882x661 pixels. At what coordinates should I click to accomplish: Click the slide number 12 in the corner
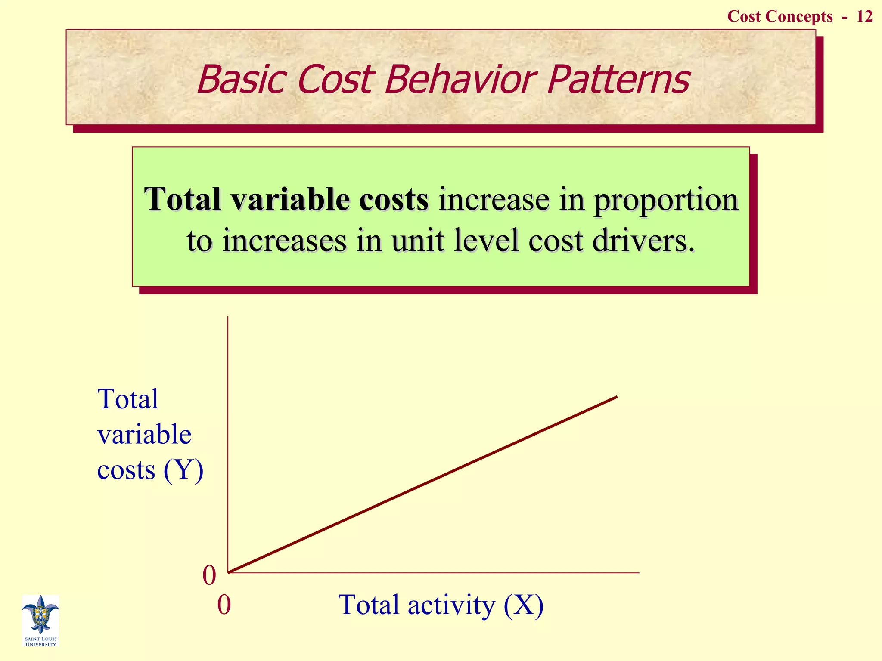(x=864, y=16)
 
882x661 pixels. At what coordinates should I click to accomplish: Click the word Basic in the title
(x=241, y=79)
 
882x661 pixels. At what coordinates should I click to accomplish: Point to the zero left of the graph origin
(x=209, y=575)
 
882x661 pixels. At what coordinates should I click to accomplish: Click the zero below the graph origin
(x=224, y=605)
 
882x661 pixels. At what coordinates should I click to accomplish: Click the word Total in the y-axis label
(x=128, y=398)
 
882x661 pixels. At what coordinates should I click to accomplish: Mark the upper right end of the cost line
(x=617, y=397)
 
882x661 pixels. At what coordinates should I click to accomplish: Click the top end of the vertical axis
(x=228, y=317)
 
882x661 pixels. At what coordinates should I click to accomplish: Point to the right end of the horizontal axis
(x=638, y=573)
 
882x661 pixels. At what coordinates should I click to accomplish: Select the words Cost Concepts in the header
(x=780, y=16)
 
